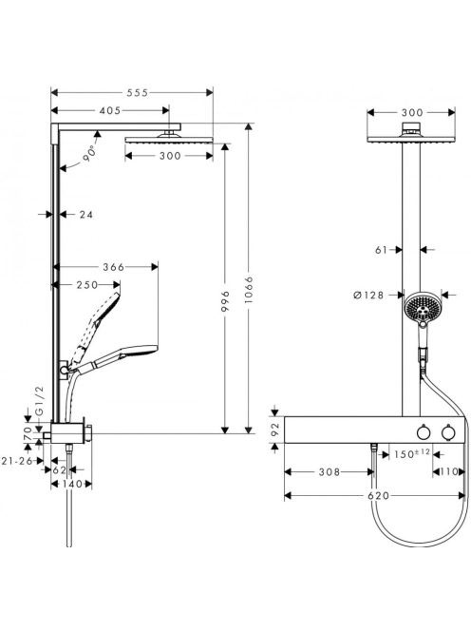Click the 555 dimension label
138,93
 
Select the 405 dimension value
110,110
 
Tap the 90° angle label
90,153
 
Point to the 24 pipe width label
85,215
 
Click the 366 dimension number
114,267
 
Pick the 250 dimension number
87,285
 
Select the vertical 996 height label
225,301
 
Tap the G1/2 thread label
40,400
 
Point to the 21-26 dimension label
16,461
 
